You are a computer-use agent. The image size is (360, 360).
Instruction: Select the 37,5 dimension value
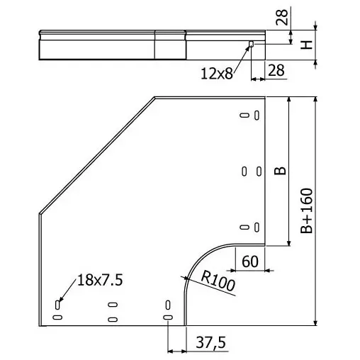pos(211,343)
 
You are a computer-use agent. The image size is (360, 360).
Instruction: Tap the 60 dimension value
pos(250,261)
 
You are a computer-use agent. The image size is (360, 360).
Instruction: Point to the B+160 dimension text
pos(307,211)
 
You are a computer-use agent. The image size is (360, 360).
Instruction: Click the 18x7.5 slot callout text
pos(100,280)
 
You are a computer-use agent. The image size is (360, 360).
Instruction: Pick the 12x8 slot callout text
pos(217,74)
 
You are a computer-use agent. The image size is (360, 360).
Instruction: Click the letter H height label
pos(307,45)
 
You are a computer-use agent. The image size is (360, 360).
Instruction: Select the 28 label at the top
pos(282,17)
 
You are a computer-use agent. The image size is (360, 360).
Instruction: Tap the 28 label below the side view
pos(276,70)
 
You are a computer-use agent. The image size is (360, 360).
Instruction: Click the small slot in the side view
pos(252,44)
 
